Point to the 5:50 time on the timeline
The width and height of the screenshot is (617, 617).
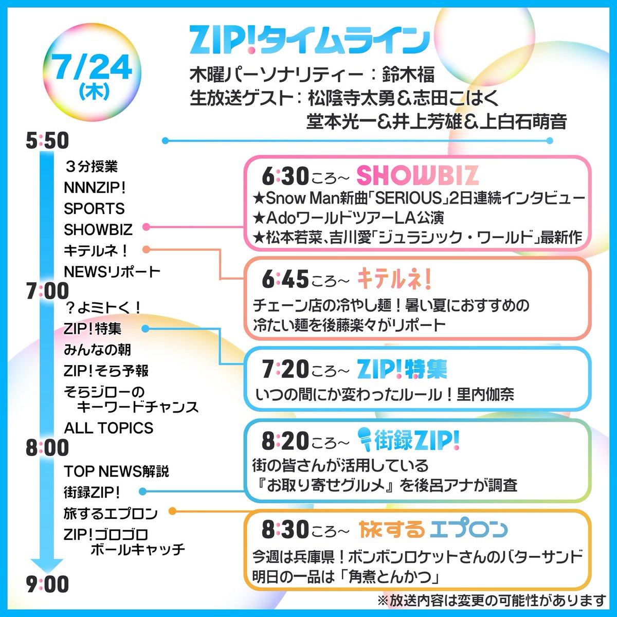pyautogui.click(x=47, y=141)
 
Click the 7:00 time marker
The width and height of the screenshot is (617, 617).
pyautogui.click(x=47, y=291)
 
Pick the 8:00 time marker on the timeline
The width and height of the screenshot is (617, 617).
pyautogui.click(x=47, y=447)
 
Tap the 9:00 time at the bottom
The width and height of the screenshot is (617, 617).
pyautogui.click(x=47, y=584)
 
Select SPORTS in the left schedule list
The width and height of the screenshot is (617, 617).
pyautogui.click(x=95, y=208)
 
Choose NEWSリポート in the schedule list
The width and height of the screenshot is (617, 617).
pyautogui.click(x=113, y=271)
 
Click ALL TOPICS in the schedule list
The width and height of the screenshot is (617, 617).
pyautogui.click(x=109, y=428)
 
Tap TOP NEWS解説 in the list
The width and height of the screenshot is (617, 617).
pyautogui.click(x=117, y=471)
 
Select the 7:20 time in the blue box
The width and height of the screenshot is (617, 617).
pyautogui.click(x=285, y=369)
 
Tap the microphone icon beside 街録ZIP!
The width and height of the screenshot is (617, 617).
pyautogui.click(x=364, y=440)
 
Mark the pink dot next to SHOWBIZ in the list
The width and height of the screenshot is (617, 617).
pyautogui.click(x=146, y=227)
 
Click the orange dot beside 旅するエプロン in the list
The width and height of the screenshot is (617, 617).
pyautogui.click(x=173, y=511)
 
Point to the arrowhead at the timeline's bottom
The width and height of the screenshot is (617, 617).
pyautogui.click(x=47, y=564)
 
